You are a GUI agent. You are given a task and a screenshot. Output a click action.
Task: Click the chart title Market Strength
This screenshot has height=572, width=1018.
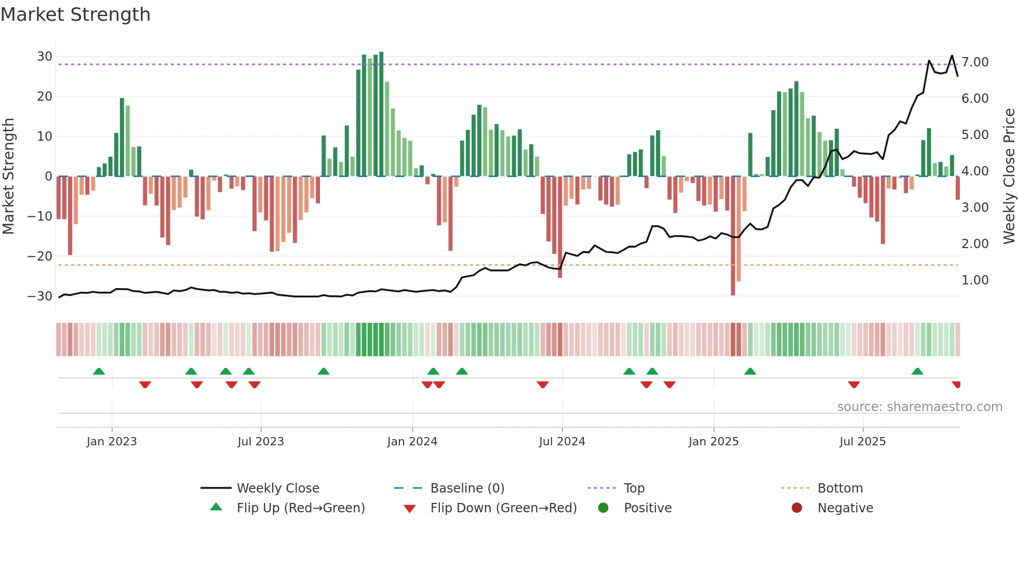(x=75, y=15)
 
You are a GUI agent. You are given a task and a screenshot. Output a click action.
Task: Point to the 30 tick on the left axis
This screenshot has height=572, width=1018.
(x=45, y=57)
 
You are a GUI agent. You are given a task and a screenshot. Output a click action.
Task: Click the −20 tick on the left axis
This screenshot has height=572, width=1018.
(x=40, y=256)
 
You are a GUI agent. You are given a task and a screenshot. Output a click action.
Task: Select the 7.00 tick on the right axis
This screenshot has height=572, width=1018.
(x=975, y=62)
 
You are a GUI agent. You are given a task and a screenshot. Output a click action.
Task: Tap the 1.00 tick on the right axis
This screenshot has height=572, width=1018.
(x=975, y=280)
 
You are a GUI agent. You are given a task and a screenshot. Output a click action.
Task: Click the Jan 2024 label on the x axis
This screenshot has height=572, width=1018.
(x=412, y=442)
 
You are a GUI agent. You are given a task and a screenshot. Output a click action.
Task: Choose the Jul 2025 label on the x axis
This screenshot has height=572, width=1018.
(x=862, y=442)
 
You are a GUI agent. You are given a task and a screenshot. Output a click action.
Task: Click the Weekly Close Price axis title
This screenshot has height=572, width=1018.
(x=1009, y=176)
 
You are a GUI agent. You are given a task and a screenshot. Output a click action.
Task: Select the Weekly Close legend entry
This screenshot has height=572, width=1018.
(x=277, y=488)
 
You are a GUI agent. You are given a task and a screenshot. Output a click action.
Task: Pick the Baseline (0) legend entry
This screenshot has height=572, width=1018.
(x=467, y=488)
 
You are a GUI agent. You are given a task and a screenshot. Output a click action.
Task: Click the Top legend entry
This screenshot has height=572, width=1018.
(x=634, y=488)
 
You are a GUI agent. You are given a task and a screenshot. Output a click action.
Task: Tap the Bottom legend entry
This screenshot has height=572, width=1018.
(x=840, y=488)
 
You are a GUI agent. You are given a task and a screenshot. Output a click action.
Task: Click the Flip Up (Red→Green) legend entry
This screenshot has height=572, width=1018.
(x=300, y=508)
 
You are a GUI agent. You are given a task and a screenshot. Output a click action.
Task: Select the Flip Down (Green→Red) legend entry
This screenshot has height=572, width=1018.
(x=503, y=508)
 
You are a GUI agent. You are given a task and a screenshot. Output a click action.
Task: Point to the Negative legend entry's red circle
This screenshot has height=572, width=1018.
(x=797, y=508)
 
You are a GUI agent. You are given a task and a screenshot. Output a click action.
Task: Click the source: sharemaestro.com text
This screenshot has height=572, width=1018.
(x=919, y=407)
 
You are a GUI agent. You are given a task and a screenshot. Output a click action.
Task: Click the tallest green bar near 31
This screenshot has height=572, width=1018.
(x=381, y=114)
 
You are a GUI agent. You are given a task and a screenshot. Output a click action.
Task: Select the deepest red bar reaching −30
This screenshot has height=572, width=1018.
(x=733, y=236)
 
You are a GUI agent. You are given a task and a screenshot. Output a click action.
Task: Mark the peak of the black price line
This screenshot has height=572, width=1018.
(x=952, y=56)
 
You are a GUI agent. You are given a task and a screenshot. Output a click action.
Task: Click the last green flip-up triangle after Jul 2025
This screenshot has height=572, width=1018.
(x=917, y=371)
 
